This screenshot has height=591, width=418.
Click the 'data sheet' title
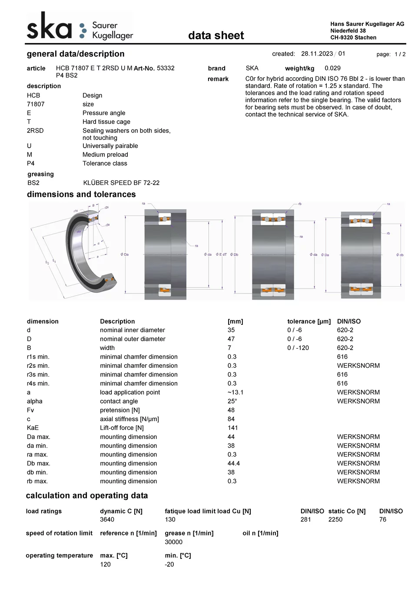216,36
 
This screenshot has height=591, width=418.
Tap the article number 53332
166,68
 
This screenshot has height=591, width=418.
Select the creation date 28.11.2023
317,54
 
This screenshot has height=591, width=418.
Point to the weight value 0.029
332,68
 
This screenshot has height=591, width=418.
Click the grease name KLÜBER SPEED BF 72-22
121,183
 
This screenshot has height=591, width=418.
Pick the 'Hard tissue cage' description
106,122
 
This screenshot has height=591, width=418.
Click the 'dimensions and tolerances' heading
81,195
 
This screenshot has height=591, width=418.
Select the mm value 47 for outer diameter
231,339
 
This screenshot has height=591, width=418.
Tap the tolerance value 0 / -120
298,348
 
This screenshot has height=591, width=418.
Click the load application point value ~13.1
236,393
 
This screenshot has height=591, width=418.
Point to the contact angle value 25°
232,401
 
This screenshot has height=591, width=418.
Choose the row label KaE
33,428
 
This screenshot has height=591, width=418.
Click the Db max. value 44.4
234,463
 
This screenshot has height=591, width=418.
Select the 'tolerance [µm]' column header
309,321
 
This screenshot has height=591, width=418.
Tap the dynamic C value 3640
107,519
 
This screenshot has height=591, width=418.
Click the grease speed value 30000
173,542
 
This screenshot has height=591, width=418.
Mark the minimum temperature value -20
169,565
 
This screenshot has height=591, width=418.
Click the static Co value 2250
335,519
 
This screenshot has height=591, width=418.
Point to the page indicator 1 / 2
400,54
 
